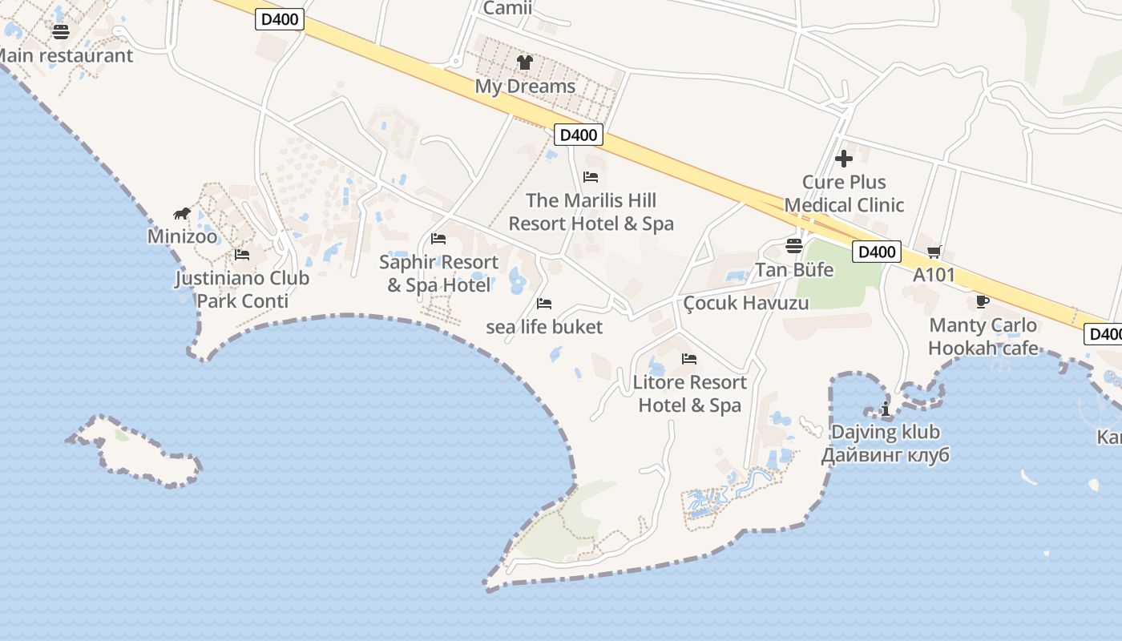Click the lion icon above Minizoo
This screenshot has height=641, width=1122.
tap(182, 213)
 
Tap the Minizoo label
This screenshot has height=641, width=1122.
tap(182, 236)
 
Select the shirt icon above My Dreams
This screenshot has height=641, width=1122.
tap(525, 62)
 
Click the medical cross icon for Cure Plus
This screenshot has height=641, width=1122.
tap(843, 159)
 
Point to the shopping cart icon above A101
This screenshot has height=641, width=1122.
tap(934, 252)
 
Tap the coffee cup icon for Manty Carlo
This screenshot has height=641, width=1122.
tap(983, 302)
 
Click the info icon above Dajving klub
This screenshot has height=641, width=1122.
tap(886, 409)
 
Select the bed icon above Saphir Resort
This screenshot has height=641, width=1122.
tap(438, 239)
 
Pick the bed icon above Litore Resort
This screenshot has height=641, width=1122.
tap(689, 359)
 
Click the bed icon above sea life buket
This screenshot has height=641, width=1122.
tap(544, 304)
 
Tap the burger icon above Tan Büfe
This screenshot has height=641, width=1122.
tap(794, 246)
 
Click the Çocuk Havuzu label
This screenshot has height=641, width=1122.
tap(746, 303)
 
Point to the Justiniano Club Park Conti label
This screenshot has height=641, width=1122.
tap(242, 289)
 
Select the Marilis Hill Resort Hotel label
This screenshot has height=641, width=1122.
tap(591, 212)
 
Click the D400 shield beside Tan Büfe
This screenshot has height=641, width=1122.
tap(876, 252)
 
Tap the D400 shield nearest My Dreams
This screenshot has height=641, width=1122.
tap(578, 135)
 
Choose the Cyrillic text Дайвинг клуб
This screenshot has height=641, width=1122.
tap(885, 456)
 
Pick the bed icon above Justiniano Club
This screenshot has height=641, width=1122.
tap(242, 255)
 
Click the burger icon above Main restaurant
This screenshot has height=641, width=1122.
tap(61, 32)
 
